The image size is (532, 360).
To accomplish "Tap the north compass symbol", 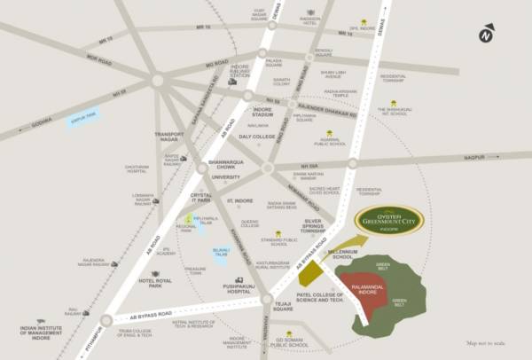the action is (x=486, y=35).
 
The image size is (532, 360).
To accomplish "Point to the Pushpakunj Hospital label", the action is (x=221, y=288).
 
